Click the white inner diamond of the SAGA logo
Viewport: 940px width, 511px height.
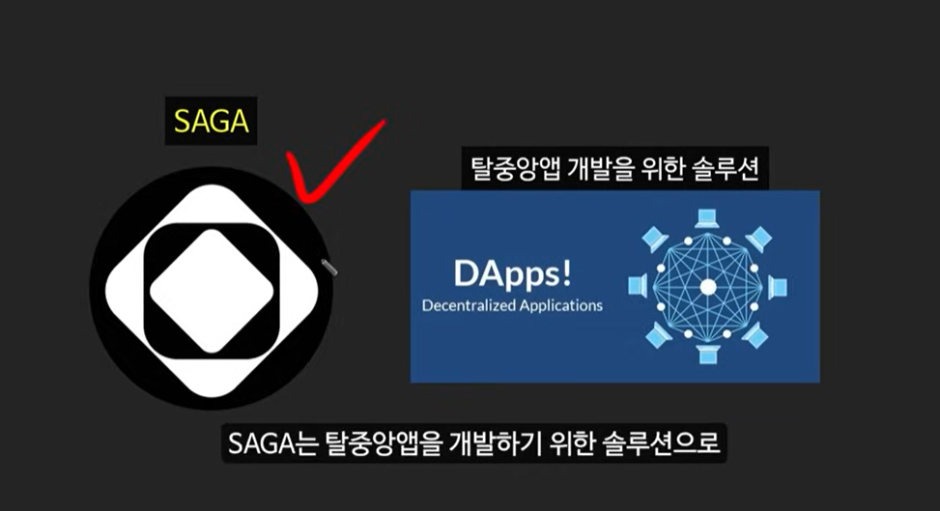coord(212,291)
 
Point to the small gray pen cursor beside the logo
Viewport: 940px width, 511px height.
coord(328,265)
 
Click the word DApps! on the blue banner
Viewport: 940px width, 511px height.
coord(513,274)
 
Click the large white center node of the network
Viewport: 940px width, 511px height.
coord(708,287)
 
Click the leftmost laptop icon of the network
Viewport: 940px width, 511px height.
coord(638,287)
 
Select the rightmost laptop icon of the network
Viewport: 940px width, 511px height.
coord(778,287)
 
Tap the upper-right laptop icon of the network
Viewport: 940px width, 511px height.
coord(759,237)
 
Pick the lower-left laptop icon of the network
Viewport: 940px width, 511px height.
coord(657,337)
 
